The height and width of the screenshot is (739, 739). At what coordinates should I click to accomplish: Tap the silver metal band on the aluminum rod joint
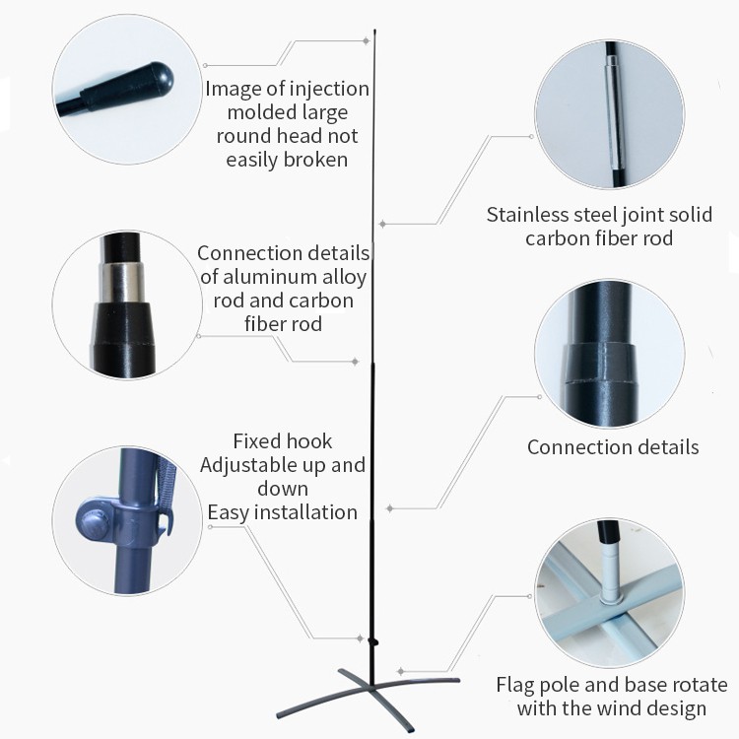click(121, 283)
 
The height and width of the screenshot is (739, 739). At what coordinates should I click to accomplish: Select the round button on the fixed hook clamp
click(94, 522)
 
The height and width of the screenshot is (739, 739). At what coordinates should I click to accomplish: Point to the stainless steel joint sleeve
click(613, 112)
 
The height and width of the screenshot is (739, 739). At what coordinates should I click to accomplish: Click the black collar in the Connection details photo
click(598, 363)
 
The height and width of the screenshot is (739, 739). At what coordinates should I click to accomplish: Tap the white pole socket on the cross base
click(611, 572)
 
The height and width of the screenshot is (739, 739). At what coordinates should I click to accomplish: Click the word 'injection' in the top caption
click(329, 89)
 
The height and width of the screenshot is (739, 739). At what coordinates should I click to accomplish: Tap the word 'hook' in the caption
click(309, 441)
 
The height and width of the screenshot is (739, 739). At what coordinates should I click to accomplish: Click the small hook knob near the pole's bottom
click(375, 641)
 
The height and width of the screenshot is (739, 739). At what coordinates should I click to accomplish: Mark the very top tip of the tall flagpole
click(374, 31)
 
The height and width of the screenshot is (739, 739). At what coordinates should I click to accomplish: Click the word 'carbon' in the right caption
click(553, 238)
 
